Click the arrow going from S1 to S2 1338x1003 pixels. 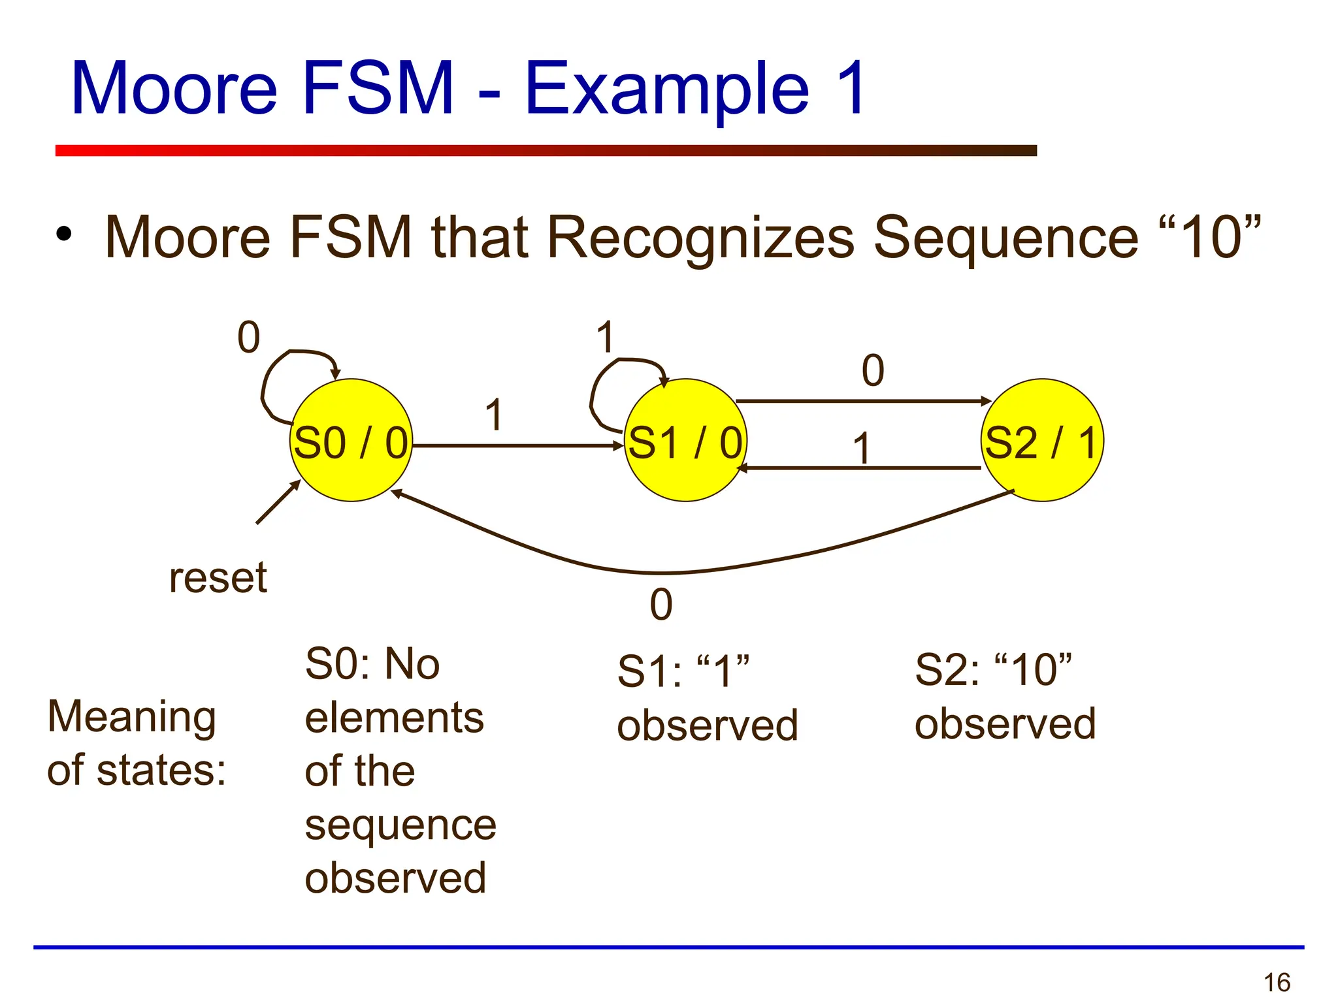[862, 401]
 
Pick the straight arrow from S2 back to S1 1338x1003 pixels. [862, 468]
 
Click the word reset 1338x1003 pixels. [218, 578]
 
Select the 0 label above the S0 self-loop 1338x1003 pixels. [248, 338]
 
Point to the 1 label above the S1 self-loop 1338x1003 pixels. [606, 338]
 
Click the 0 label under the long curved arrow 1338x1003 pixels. [661, 605]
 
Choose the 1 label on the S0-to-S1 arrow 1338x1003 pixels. [495, 415]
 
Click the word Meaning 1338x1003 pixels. [131, 717]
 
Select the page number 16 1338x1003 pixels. [1277, 982]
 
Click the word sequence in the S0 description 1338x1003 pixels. [400, 825]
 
